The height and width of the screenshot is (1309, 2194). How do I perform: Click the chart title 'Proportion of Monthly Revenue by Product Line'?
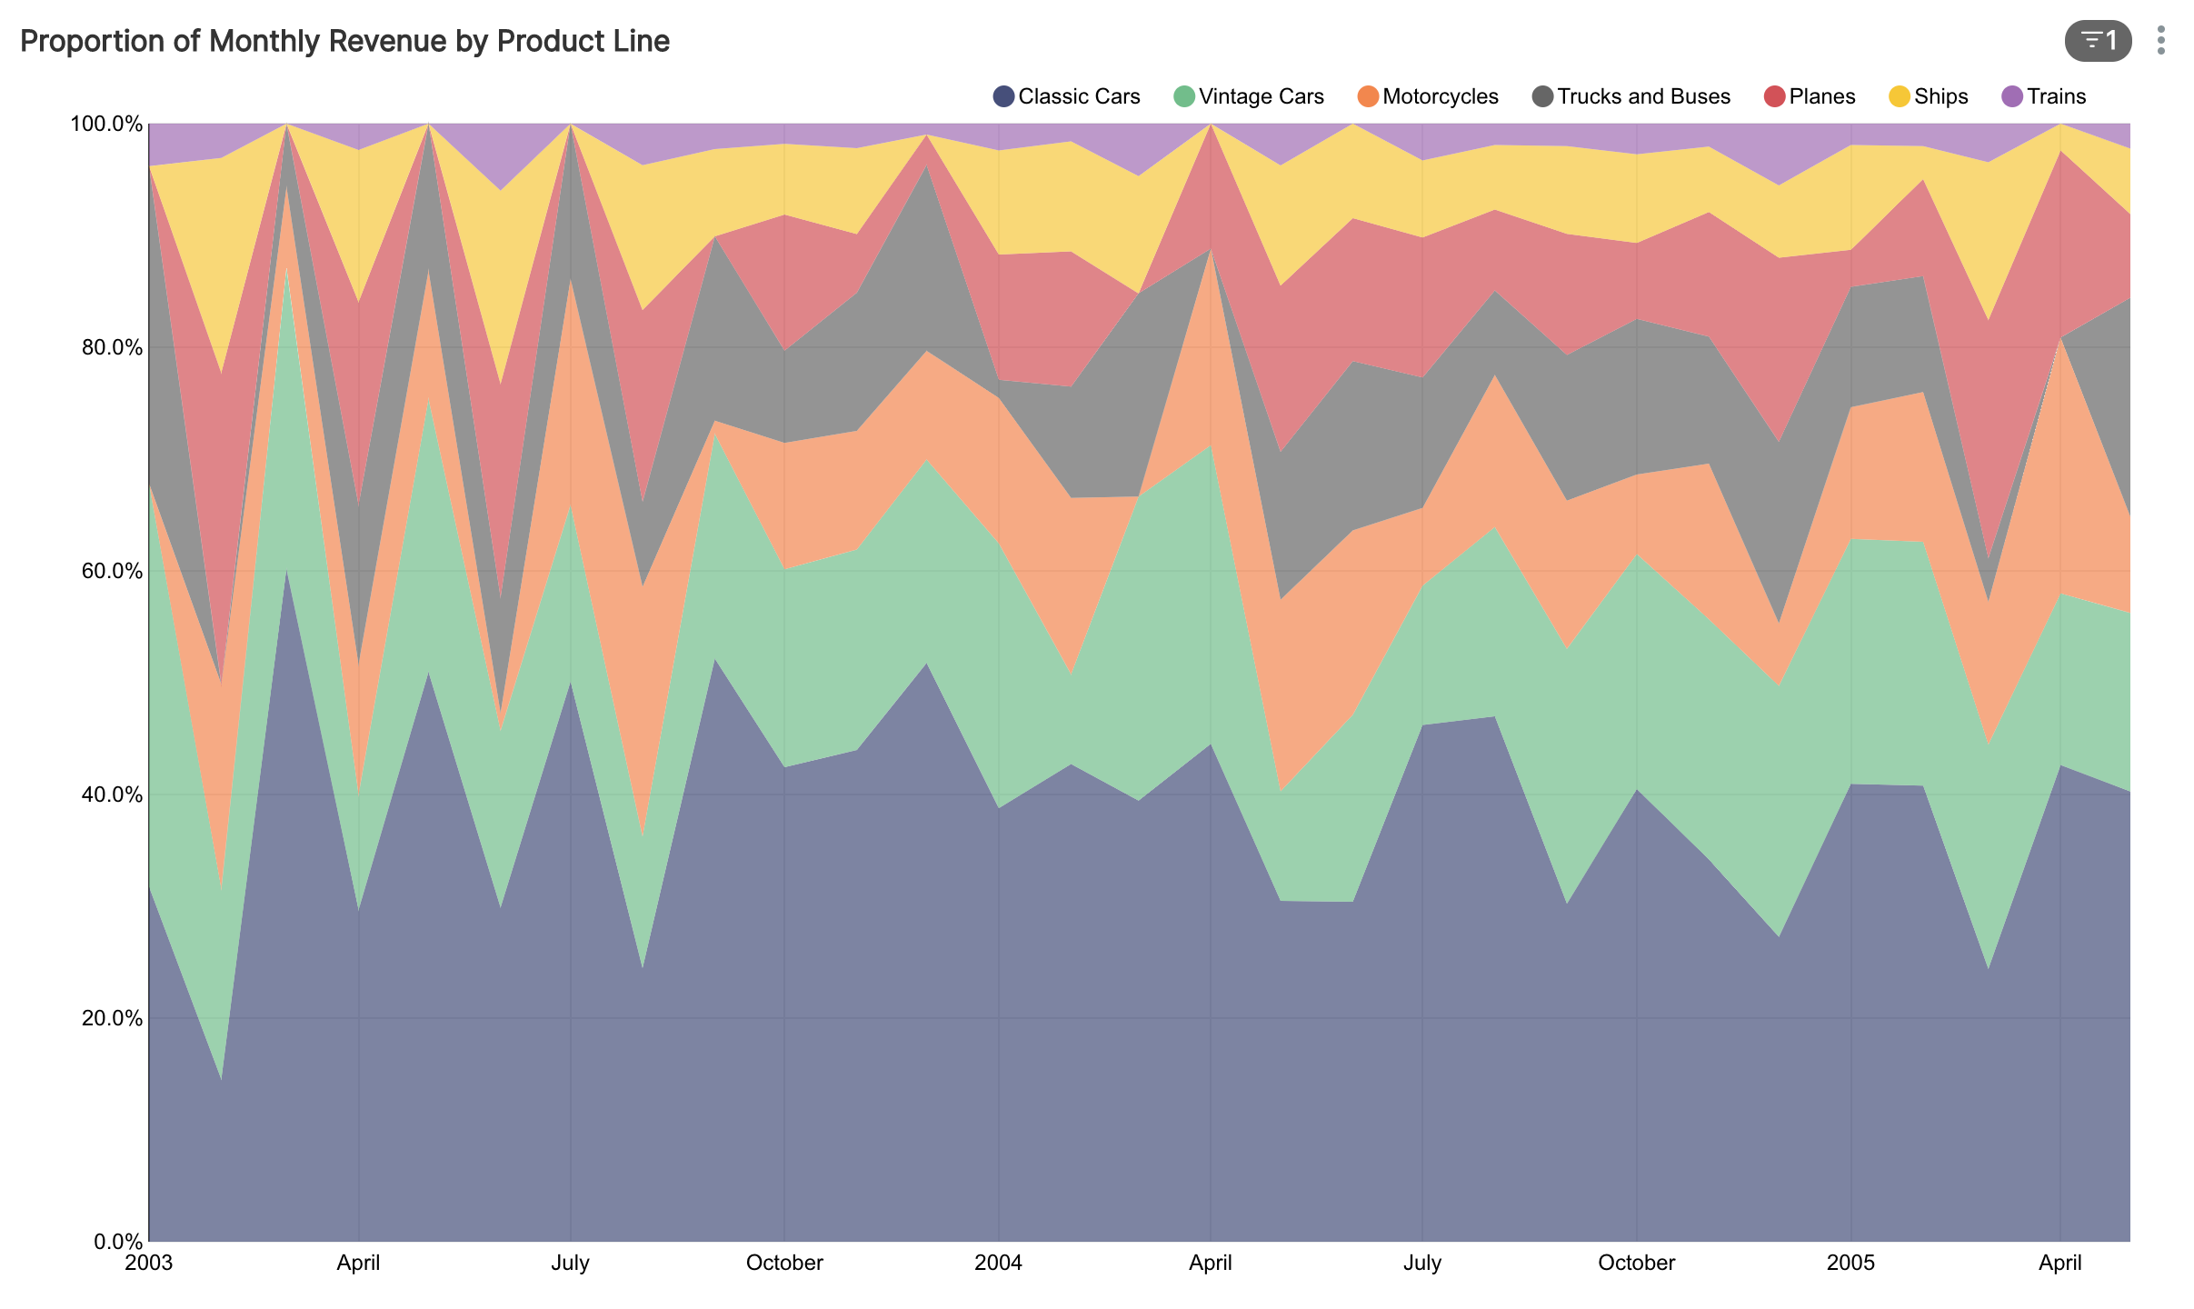point(344,42)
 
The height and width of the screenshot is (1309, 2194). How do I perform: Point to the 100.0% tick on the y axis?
point(106,124)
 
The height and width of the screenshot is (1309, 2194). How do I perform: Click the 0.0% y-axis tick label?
point(114,1242)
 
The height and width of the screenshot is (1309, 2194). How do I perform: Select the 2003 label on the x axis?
point(149,1264)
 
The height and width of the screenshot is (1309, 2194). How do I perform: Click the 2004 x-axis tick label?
point(998,1264)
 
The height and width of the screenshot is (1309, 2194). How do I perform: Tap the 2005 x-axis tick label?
point(1850,1264)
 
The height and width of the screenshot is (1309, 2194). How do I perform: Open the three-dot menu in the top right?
point(2160,41)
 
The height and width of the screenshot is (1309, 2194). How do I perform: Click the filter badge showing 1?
point(2098,41)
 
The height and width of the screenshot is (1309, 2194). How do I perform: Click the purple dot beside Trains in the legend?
point(2012,96)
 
